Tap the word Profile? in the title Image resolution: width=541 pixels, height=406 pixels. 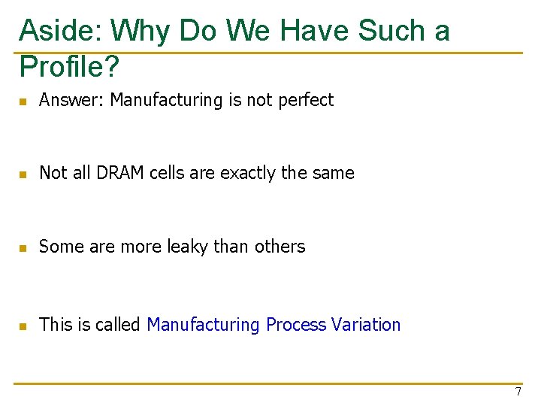(69, 67)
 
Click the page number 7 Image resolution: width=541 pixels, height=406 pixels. (518, 392)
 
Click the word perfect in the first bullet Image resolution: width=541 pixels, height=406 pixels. (305, 100)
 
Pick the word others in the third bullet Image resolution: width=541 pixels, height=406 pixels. (280, 247)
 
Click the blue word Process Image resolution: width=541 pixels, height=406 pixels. (296, 325)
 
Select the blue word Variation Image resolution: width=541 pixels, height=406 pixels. (366, 325)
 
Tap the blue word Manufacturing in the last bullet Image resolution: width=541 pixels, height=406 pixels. (203, 325)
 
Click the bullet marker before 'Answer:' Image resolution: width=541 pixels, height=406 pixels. (23, 101)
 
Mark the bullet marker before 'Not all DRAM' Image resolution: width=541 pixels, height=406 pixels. (23, 174)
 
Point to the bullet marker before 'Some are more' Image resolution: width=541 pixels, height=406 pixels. (23, 247)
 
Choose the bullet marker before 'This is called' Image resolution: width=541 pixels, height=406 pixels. (23, 326)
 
